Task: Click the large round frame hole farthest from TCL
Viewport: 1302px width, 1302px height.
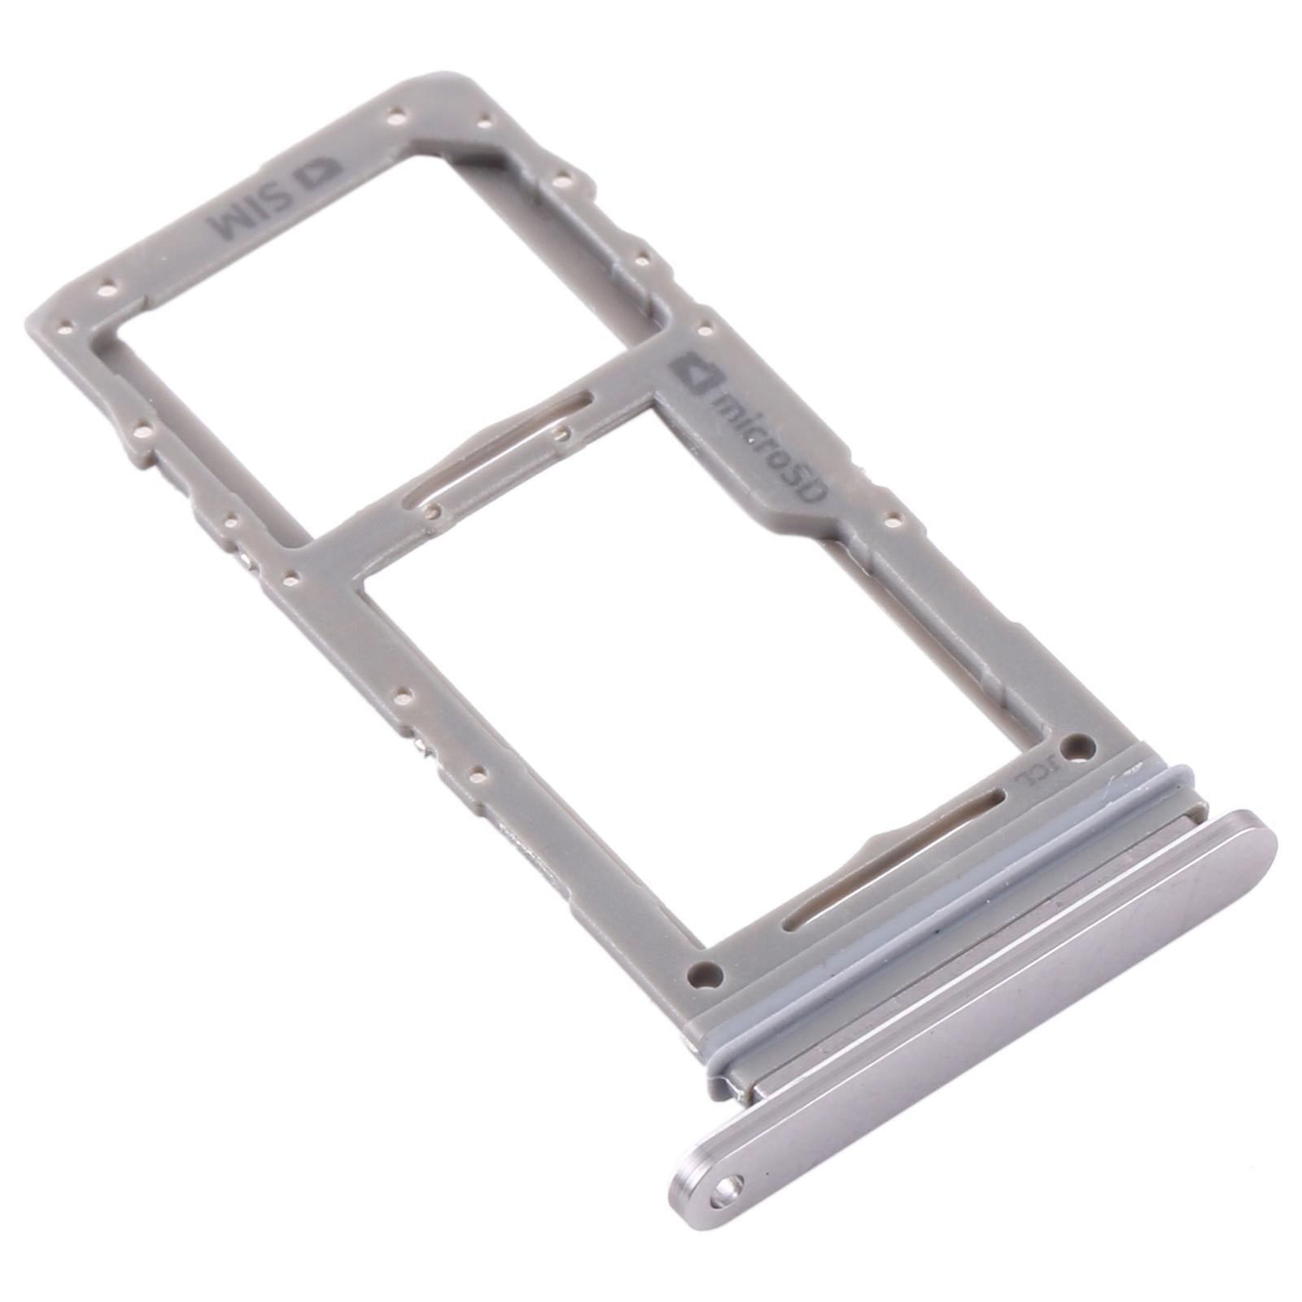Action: click(705, 972)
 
